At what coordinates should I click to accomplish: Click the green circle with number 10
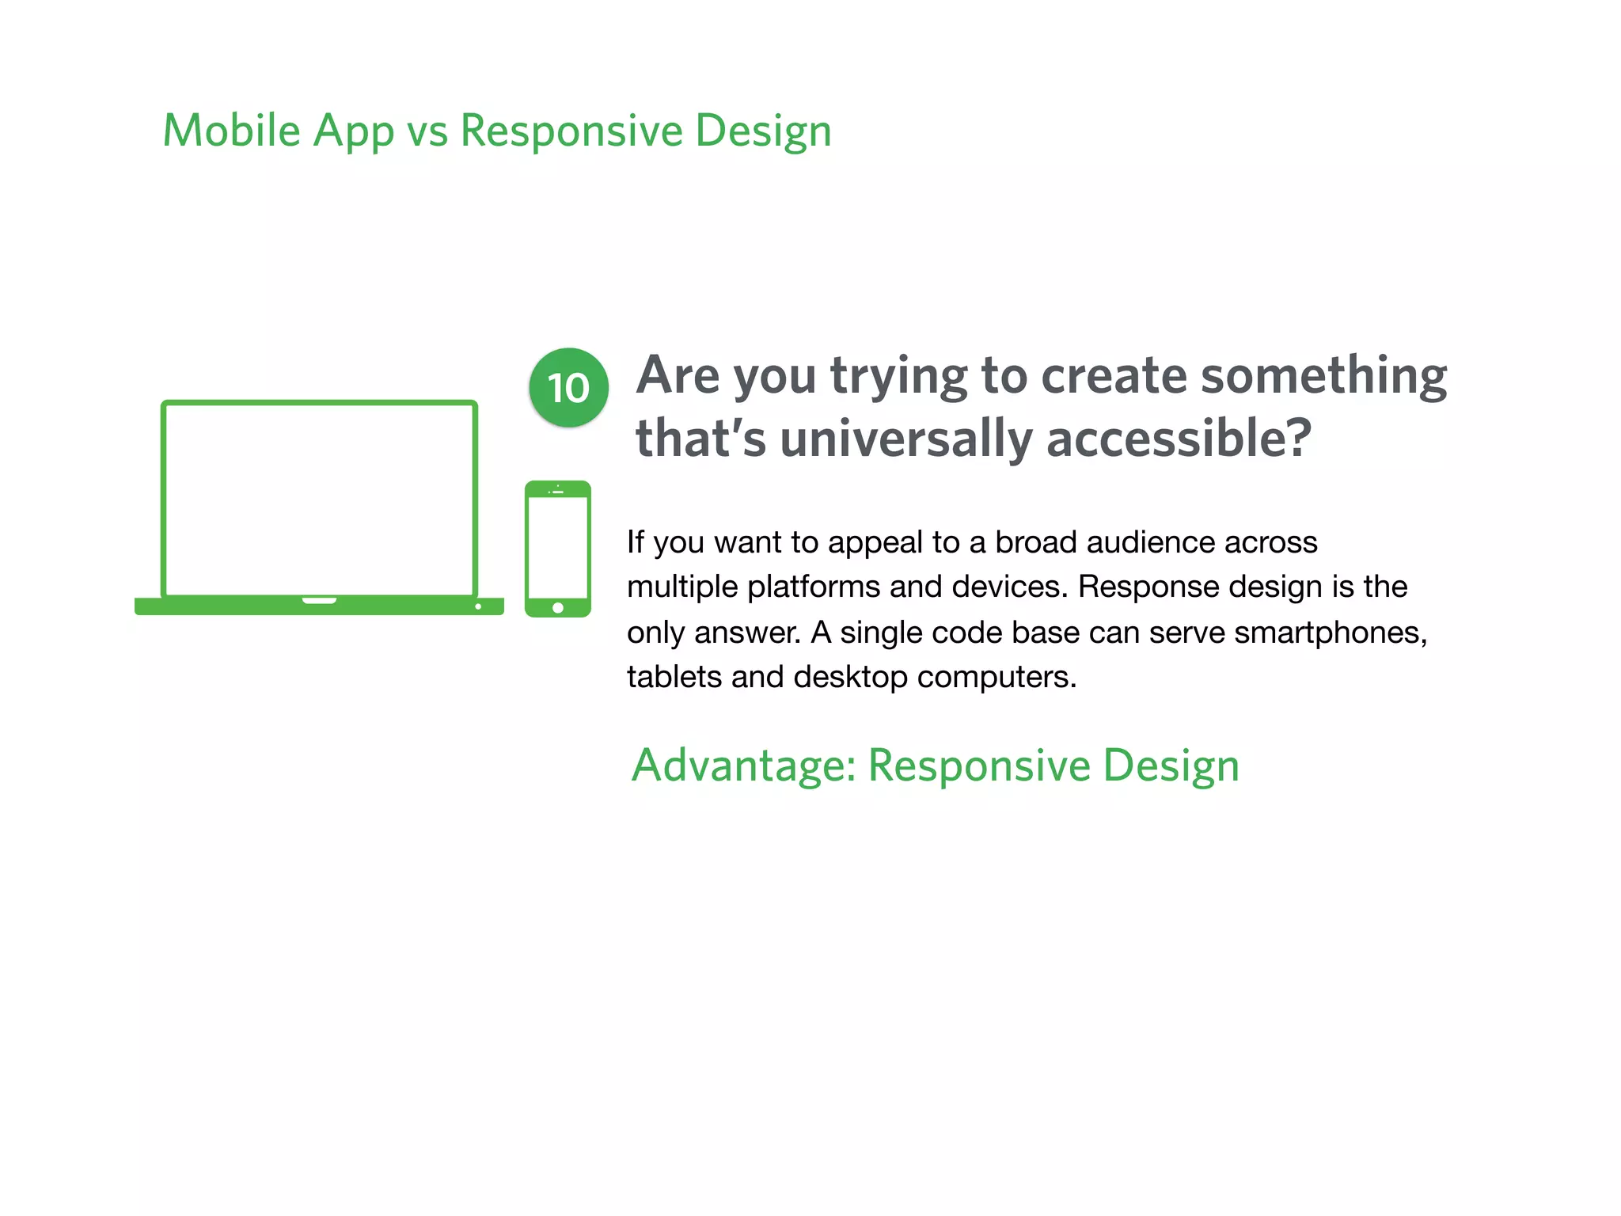tap(568, 388)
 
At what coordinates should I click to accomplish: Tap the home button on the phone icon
tap(558, 608)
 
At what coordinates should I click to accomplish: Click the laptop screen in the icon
tap(319, 499)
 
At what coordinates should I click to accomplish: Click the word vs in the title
tap(427, 132)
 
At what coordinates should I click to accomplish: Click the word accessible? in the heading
tap(1179, 439)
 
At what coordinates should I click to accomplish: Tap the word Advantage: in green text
tap(743, 766)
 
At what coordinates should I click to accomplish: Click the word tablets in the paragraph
tap(674, 677)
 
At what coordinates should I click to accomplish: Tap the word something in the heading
tap(1323, 375)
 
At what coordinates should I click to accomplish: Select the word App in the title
tap(353, 132)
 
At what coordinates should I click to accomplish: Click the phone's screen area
tap(558, 546)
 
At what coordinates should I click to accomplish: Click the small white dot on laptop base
tap(478, 606)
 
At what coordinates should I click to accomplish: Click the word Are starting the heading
tap(679, 375)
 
